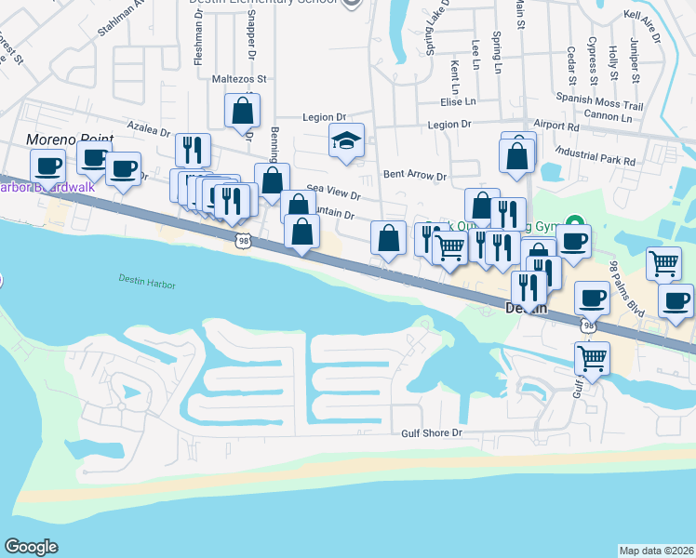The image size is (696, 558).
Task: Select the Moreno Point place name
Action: tap(69, 139)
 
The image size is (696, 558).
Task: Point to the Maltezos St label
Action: tap(239, 79)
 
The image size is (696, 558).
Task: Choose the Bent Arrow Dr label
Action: tap(415, 175)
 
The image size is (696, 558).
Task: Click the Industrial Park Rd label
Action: tap(594, 153)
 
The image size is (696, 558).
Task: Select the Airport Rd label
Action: tap(556, 125)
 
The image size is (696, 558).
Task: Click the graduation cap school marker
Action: tap(346, 141)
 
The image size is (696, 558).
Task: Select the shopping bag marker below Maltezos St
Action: tap(242, 112)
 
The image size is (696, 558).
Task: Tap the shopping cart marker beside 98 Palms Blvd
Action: tap(663, 263)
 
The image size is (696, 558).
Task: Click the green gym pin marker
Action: tap(575, 223)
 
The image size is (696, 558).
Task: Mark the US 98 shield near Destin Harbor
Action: tap(241, 242)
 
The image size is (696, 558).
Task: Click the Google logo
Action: tap(31, 547)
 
